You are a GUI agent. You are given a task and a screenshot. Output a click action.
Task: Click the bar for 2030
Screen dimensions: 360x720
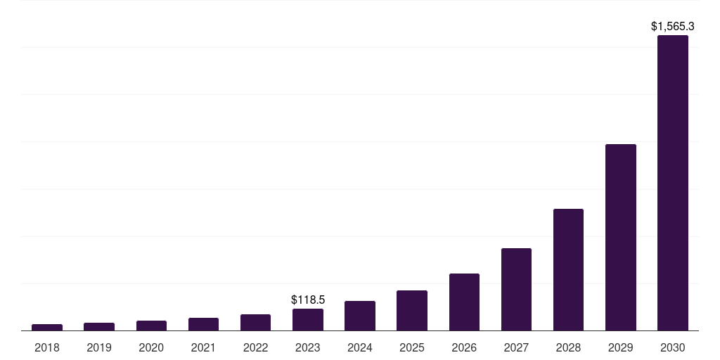click(672, 183)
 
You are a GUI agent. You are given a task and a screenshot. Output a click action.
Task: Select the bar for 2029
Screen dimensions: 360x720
click(620, 237)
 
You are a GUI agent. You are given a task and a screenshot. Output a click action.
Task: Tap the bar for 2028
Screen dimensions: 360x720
click(568, 269)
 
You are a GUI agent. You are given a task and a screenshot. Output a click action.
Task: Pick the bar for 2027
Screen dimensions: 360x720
click(516, 289)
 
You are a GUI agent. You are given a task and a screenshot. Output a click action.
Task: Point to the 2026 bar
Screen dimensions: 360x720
click(464, 302)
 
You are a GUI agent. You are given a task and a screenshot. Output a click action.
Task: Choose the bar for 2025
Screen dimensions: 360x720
click(412, 310)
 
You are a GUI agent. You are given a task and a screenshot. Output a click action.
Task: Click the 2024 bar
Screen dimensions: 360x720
click(360, 316)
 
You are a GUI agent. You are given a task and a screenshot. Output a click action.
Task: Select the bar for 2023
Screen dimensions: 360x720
click(308, 319)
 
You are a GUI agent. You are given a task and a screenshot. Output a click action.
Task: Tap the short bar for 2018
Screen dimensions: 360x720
click(47, 327)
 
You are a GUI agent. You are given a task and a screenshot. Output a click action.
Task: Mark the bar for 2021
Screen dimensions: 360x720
click(203, 324)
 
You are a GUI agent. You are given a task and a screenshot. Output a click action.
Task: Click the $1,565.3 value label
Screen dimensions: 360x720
click(672, 27)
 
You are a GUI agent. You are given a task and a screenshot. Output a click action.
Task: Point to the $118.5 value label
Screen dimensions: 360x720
click(308, 300)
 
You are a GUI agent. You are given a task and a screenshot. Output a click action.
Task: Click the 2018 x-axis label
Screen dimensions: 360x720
click(47, 347)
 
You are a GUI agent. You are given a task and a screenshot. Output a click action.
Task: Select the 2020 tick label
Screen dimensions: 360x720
click(151, 347)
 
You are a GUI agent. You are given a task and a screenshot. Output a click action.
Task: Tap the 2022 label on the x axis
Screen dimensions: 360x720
click(255, 347)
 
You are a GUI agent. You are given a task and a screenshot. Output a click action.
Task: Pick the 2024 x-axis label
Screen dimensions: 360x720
click(360, 347)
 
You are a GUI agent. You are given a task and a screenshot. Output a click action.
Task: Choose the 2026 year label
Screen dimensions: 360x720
click(464, 347)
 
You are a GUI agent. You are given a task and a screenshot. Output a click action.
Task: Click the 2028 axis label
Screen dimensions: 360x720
click(568, 347)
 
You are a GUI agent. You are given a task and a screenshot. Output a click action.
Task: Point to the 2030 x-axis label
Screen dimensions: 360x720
click(672, 347)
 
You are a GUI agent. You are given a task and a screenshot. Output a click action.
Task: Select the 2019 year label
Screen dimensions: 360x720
click(99, 347)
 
